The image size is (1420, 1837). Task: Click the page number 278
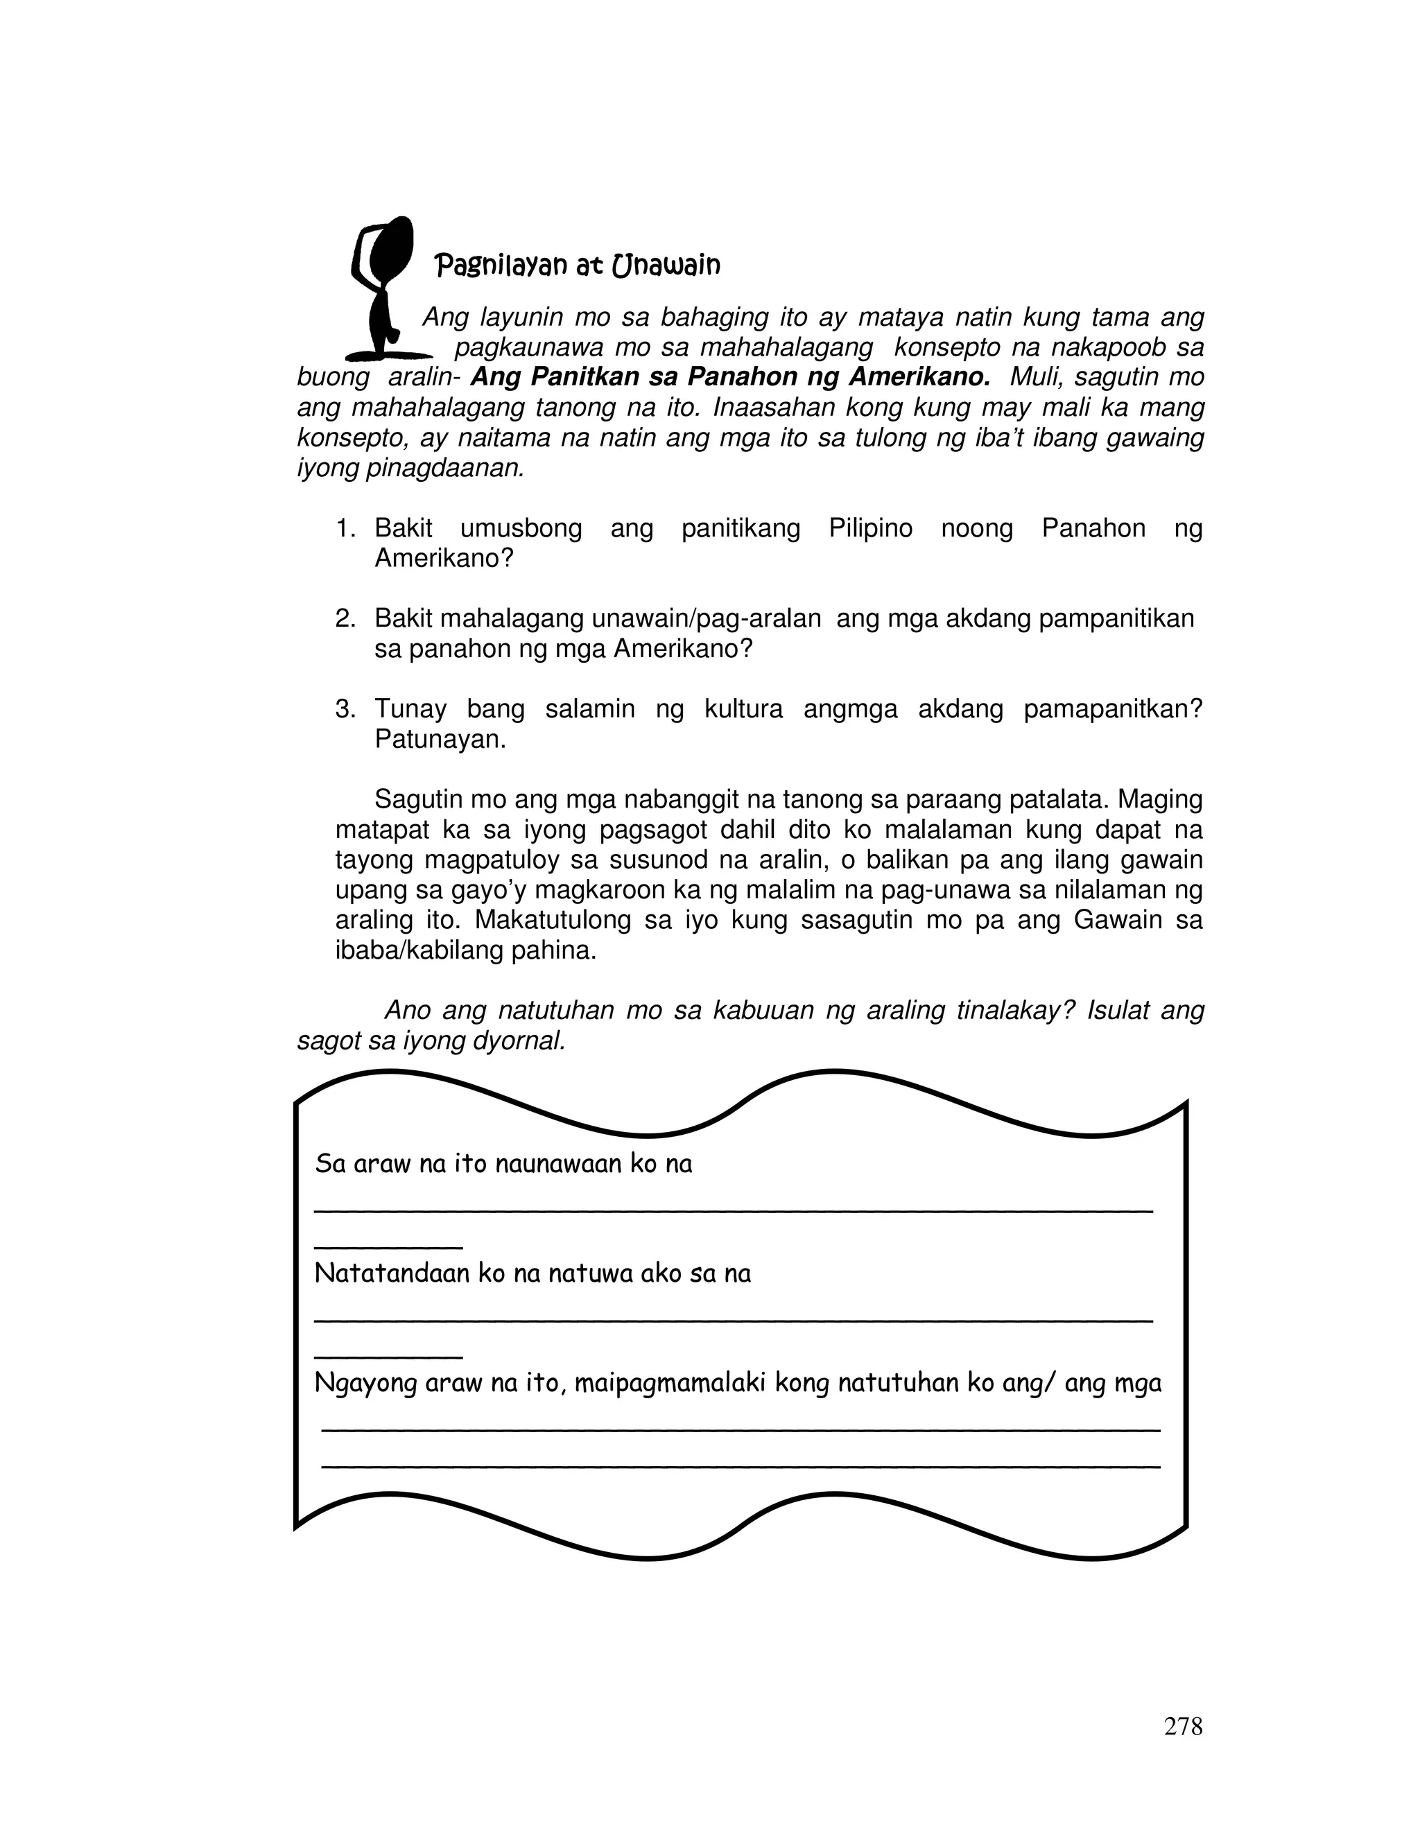(1183, 1726)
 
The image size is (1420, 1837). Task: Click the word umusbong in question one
(521, 528)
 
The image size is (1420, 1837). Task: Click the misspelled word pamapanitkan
(1113, 709)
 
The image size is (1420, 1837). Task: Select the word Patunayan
(440, 740)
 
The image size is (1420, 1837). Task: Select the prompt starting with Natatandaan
(532, 1273)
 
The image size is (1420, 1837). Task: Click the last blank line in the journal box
(741, 1467)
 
